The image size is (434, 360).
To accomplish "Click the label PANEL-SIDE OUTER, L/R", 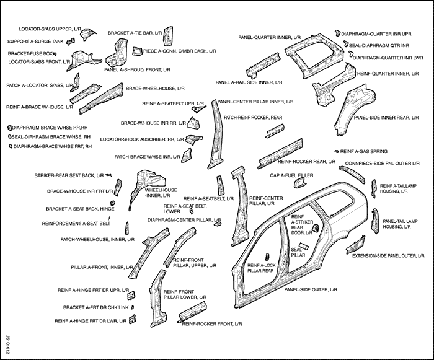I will [310, 289].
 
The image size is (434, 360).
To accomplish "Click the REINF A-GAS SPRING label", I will [365, 151].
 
